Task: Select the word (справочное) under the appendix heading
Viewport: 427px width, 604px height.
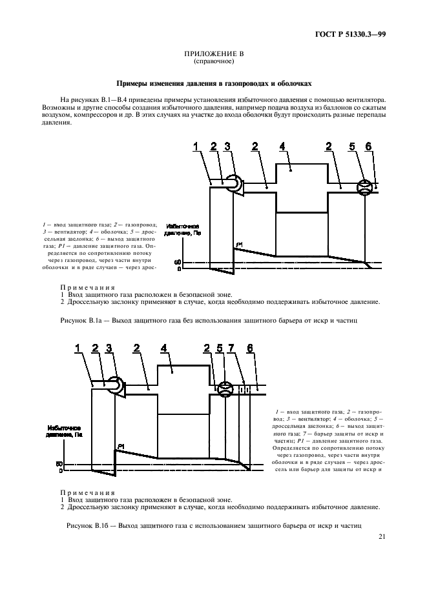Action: [213, 63]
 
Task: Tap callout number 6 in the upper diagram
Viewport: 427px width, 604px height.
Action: [369, 147]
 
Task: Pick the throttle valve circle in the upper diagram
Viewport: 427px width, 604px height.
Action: [366, 186]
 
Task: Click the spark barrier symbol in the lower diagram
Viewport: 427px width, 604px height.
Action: [244, 389]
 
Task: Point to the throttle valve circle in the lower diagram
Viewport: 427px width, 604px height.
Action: [224, 389]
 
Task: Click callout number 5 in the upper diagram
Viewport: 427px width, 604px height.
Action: [352, 147]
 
